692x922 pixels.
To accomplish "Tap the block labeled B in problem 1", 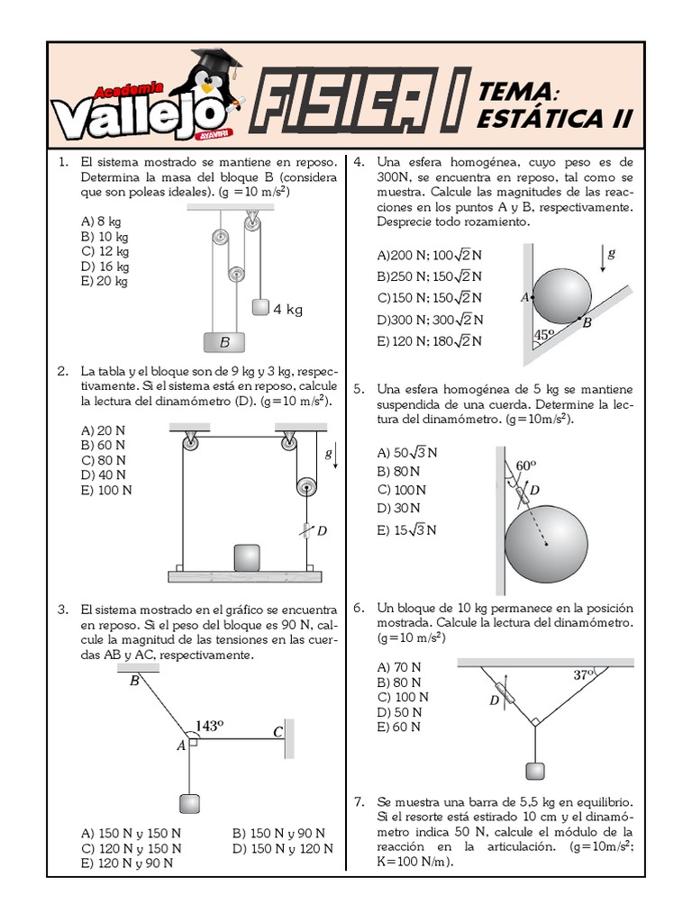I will tap(224, 342).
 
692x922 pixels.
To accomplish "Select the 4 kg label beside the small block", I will tap(287, 309).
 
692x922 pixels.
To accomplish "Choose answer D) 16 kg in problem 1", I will tap(105, 267).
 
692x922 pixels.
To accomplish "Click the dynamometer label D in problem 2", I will tap(322, 530).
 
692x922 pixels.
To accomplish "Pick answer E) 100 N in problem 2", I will tap(106, 490).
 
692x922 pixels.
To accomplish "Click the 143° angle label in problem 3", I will tap(209, 725).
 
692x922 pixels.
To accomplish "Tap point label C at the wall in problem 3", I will tap(278, 733).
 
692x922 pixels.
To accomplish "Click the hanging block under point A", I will tap(189, 804).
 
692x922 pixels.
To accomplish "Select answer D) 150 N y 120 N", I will tap(282, 848).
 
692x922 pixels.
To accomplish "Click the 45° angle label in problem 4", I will tap(543, 336).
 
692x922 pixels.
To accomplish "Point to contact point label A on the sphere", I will tap(524, 295).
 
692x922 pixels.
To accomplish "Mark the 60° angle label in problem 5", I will tap(525, 465).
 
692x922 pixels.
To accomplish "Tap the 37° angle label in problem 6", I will tap(584, 673).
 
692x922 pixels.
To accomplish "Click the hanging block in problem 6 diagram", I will tap(535, 772).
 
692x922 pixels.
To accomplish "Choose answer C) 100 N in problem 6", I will tap(403, 697).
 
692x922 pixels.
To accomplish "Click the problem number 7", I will tap(358, 801).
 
